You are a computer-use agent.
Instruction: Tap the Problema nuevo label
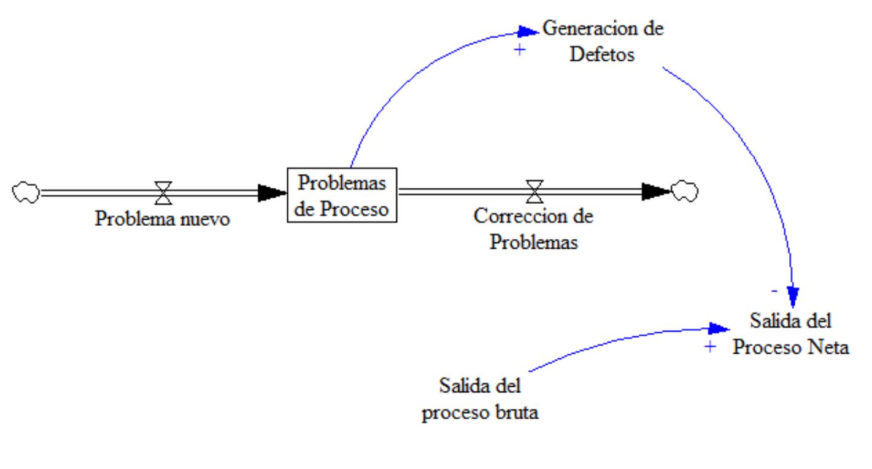(163, 219)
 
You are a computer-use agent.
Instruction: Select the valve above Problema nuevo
(163, 192)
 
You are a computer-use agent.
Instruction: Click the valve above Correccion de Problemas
(534, 191)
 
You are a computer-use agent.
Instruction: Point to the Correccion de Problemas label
(534, 229)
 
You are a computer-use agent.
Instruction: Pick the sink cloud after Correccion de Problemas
(684, 192)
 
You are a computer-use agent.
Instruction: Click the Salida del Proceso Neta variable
(790, 334)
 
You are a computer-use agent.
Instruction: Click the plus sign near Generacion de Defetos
(520, 50)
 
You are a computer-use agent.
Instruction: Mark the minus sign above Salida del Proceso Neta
(774, 289)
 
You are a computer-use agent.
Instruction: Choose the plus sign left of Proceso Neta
(710, 347)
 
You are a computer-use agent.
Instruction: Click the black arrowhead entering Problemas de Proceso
(272, 192)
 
